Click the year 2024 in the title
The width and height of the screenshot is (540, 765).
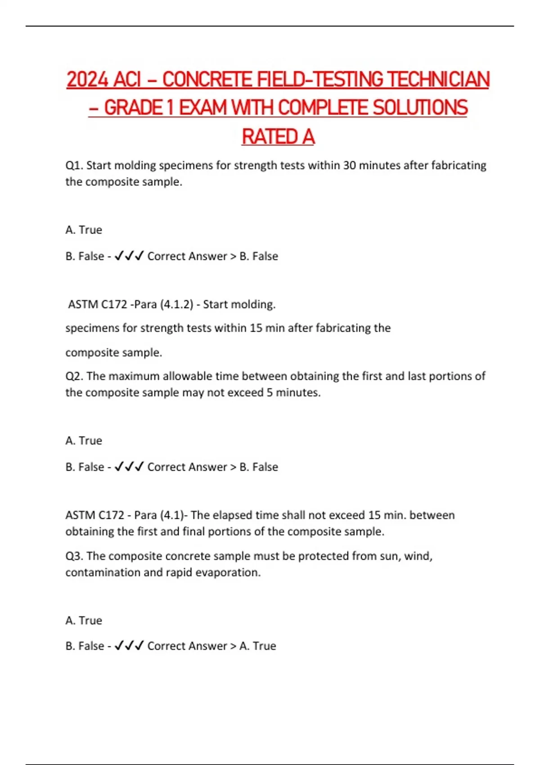(x=88, y=80)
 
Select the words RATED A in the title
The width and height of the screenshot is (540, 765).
(x=278, y=137)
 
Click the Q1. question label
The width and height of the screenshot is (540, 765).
(x=74, y=166)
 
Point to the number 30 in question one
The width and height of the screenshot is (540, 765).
(x=349, y=166)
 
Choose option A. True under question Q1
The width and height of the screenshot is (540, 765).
(x=84, y=230)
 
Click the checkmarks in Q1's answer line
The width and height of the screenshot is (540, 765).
(x=129, y=256)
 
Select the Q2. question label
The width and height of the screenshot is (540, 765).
(x=74, y=376)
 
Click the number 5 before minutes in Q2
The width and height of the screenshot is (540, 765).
(x=270, y=392)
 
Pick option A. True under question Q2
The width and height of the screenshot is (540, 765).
(x=84, y=441)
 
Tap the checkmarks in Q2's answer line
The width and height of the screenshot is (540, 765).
(x=129, y=467)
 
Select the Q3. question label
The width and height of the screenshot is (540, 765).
(x=74, y=556)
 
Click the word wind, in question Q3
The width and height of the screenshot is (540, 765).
(x=418, y=556)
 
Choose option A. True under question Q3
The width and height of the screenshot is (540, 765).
(x=84, y=621)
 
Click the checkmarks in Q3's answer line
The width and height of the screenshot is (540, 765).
(x=129, y=646)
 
